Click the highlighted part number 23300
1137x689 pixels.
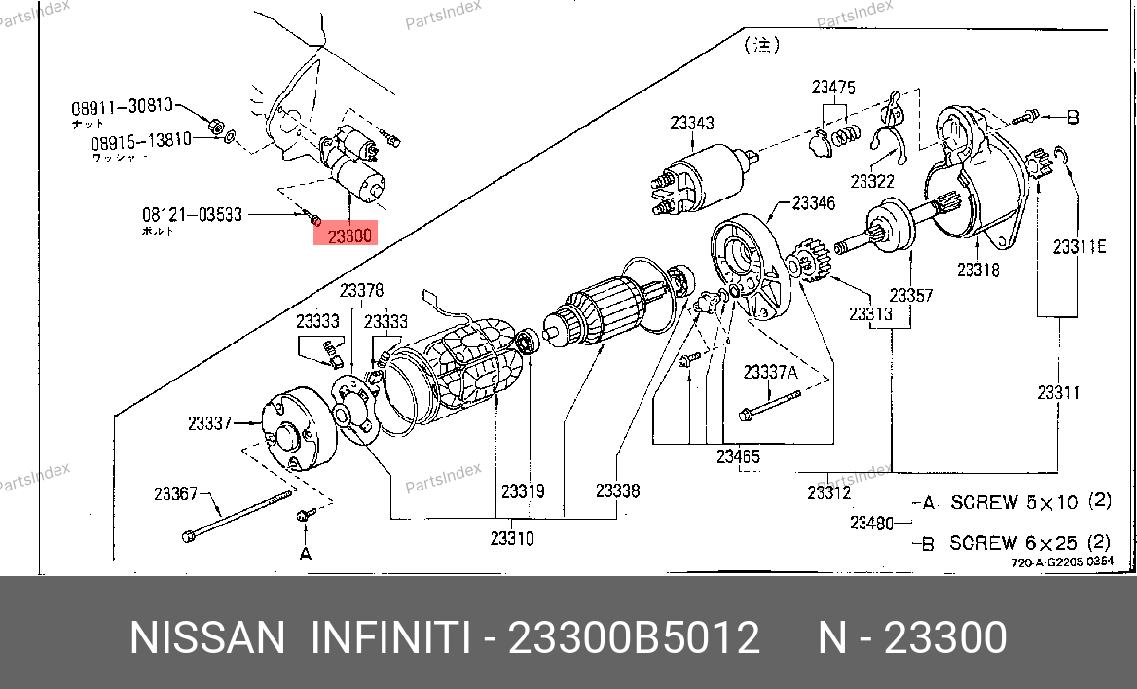pos(349,236)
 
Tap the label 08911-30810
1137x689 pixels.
pos(121,106)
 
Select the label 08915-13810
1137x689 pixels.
pos(141,141)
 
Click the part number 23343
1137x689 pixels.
pos(691,123)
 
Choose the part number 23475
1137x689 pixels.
pos(833,88)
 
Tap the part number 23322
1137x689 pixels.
pos(871,181)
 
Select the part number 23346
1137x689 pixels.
pos(813,203)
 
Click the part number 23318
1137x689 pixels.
pos(977,270)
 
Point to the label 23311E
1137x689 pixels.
pos(1080,246)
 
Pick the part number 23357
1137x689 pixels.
pos(911,295)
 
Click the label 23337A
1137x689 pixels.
pos(770,372)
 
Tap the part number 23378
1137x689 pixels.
pos(361,290)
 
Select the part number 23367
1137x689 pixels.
pos(175,493)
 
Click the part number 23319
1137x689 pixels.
pos(523,491)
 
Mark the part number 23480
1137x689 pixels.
pos(871,523)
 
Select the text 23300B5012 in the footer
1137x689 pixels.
pos(635,638)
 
